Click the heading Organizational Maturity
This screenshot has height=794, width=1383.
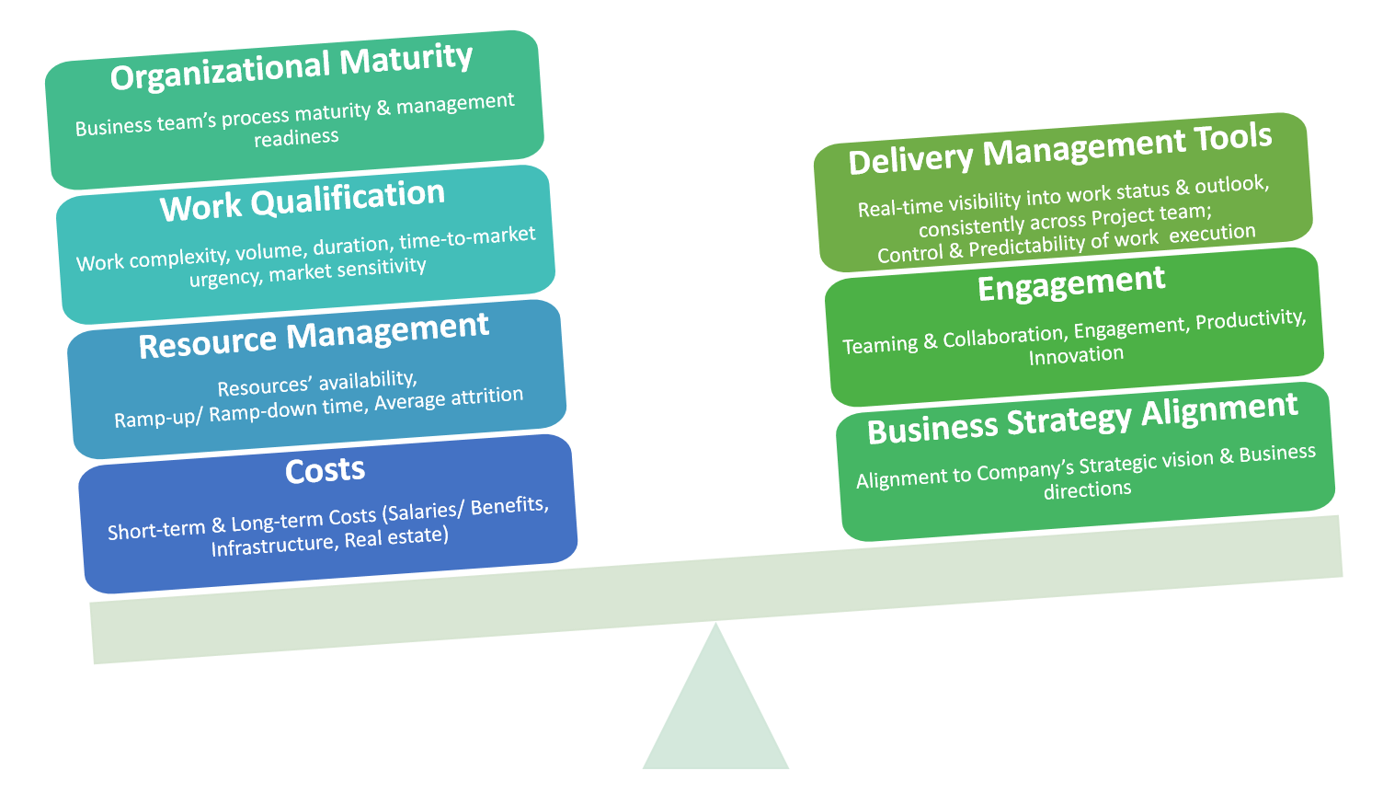point(291,67)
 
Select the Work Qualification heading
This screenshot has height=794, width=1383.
point(303,201)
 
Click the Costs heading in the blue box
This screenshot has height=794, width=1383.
point(325,470)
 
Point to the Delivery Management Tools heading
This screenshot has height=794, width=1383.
point(1060,149)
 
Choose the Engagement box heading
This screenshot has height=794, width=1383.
point(1071,284)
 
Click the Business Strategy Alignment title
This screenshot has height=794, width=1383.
point(1082,419)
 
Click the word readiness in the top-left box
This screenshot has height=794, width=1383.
point(296,138)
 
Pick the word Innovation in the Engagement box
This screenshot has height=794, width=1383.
point(1076,355)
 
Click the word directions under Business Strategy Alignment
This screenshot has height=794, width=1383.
point(1087,489)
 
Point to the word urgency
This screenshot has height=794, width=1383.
point(225,278)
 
